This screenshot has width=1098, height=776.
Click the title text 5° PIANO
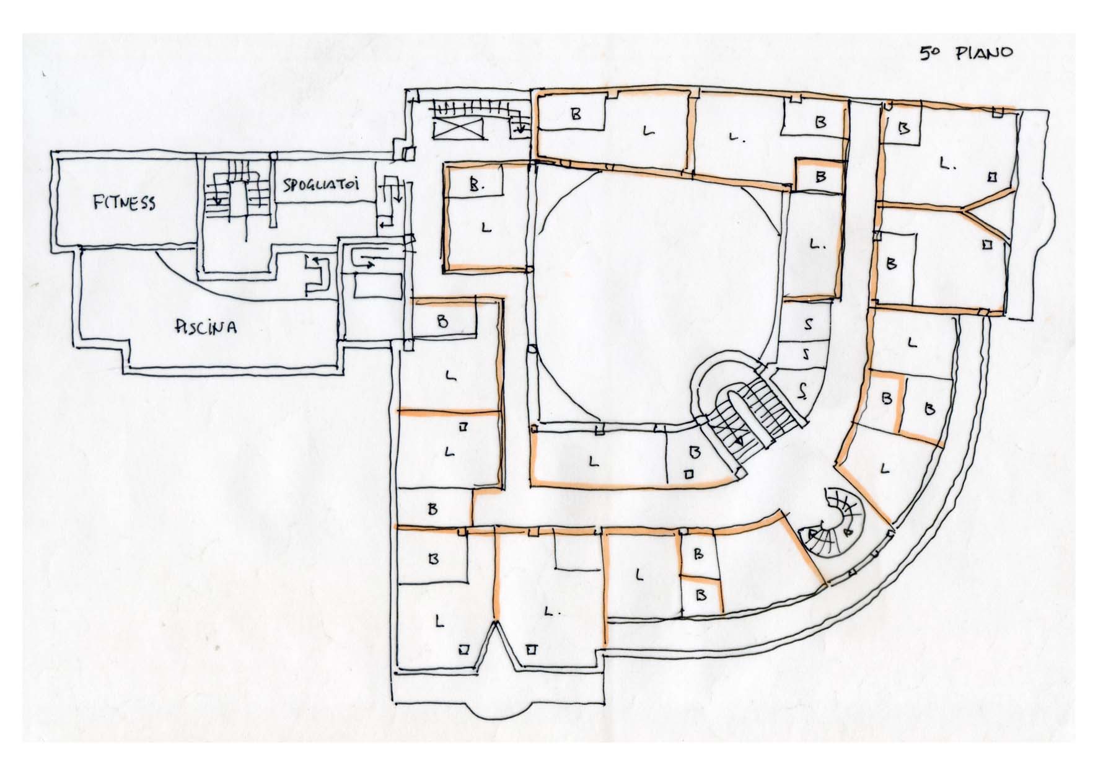click(965, 53)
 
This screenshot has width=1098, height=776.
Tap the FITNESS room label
click(124, 203)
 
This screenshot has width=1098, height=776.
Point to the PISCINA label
click(205, 326)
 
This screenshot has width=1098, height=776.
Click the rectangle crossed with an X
click(459, 130)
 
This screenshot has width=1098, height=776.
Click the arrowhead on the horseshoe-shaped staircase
click(739, 441)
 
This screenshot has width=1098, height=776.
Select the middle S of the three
click(806, 355)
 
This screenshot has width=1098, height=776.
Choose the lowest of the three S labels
click(803, 390)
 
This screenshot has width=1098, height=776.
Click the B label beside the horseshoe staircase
click(694, 451)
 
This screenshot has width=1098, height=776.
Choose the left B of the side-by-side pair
click(887, 399)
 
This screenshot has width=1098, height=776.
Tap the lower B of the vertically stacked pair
click(702, 595)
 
